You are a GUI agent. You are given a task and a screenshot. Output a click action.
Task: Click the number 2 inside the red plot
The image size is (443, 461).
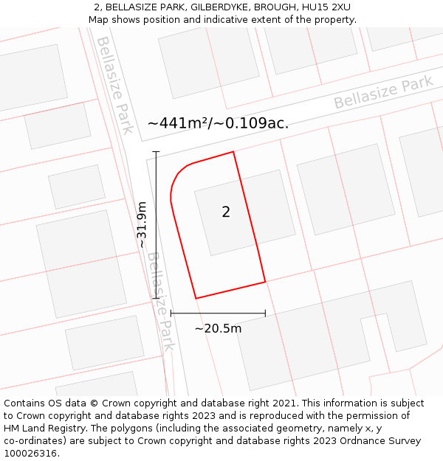[226, 212]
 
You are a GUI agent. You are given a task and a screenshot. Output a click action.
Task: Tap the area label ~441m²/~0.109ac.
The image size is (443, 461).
[218, 123]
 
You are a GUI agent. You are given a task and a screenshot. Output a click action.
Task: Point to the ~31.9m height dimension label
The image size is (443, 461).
[142, 224]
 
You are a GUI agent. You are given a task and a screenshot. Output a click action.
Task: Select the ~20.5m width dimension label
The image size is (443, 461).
[218, 328]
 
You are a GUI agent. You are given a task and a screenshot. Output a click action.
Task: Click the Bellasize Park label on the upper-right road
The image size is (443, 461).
[383, 93]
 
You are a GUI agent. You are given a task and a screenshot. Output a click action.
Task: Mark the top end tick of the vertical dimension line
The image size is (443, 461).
[156, 151]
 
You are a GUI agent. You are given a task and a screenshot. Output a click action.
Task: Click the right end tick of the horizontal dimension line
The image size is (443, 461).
[265, 313]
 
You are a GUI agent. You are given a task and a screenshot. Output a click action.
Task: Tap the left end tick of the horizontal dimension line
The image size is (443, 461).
[171, 313]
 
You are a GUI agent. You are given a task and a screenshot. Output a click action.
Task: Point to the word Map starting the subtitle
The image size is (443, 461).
[99, 20]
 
